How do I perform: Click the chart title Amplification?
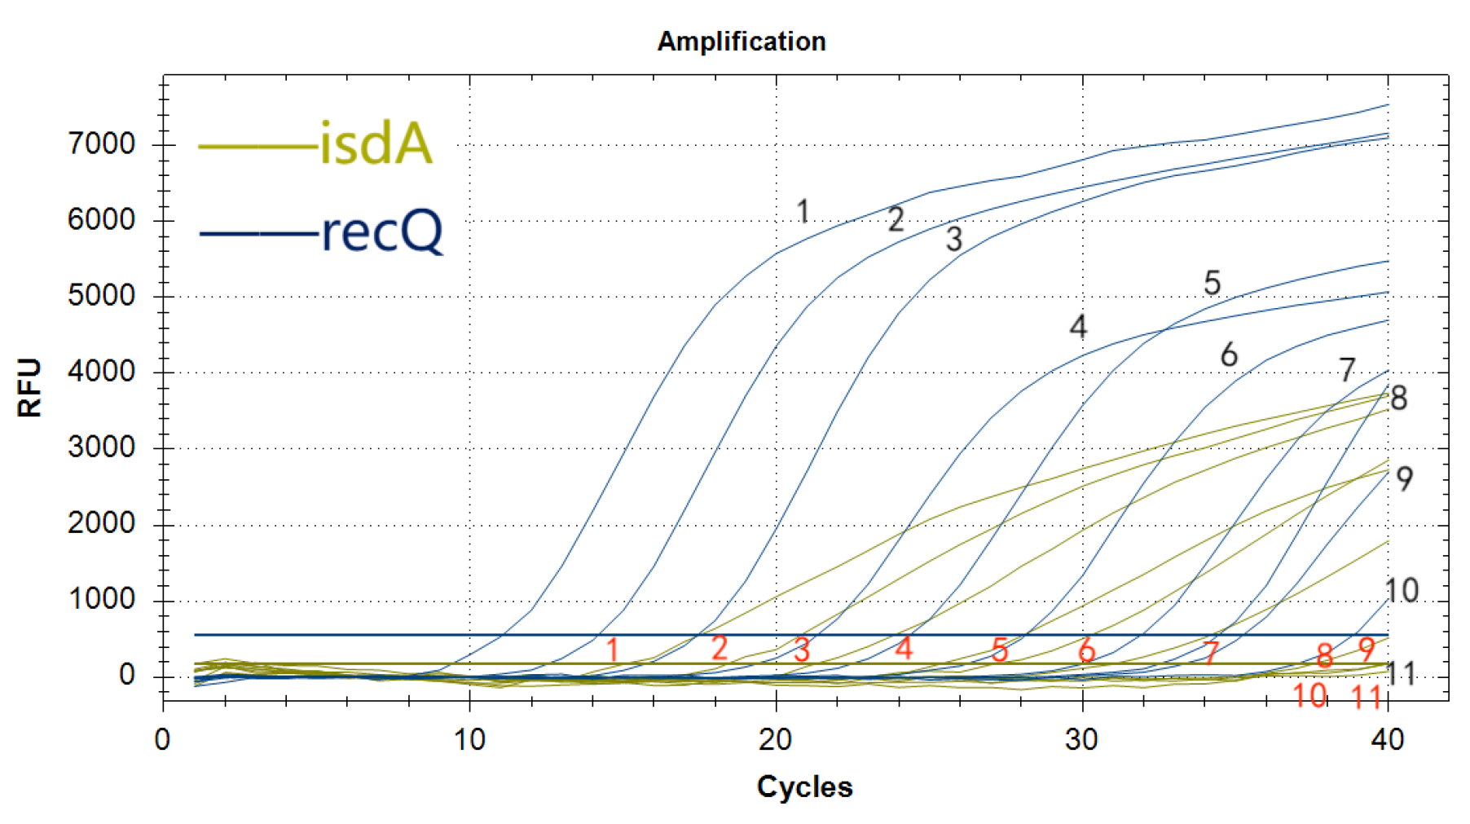point(741,42)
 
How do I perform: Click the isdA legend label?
point(376,144)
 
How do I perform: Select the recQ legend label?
point(382,232)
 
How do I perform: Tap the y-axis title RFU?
point(29,387)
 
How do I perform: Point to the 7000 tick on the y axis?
point(101,144)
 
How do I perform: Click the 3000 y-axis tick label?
point(101,447)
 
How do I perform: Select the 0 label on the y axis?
point(126,675)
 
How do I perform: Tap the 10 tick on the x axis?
point(469,740)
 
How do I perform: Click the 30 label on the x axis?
point(1081,740)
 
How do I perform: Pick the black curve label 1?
point(803,212)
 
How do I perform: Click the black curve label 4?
point(1077,328)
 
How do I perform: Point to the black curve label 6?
point(1228,355)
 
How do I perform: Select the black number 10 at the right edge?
point(1402,591)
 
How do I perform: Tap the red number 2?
point(719,649)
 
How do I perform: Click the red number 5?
point(1000,650)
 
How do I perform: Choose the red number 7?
point(1211,653)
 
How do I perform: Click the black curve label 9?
point(1404,479)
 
